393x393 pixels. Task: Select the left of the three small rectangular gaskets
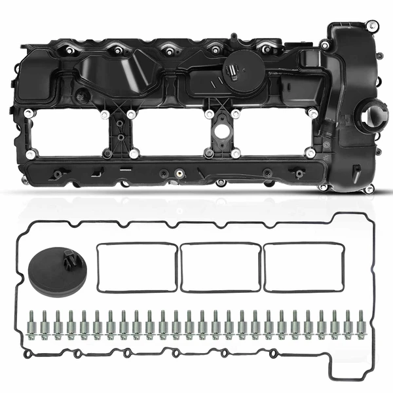tap(136, 267)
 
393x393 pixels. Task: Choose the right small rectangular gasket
tap(303, 267)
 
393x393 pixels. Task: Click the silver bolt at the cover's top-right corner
tap(371, 28)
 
